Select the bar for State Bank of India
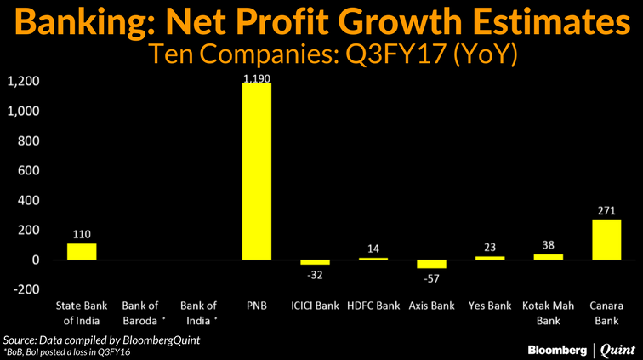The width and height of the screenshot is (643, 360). click(82, 251)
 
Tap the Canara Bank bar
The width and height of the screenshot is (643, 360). click(606, 239)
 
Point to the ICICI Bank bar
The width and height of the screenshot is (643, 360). click(316, 262)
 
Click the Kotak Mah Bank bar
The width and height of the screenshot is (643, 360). click(548, 256)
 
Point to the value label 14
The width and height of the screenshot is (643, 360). click(374, 249)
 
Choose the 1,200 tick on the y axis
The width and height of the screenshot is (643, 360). click(24, 82)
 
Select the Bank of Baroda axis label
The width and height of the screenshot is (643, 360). click(140, 312)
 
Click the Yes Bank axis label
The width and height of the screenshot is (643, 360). click(490, 306)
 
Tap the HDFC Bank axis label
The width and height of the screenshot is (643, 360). click(374, 306)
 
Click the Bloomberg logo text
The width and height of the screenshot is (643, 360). click(558, 348)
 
